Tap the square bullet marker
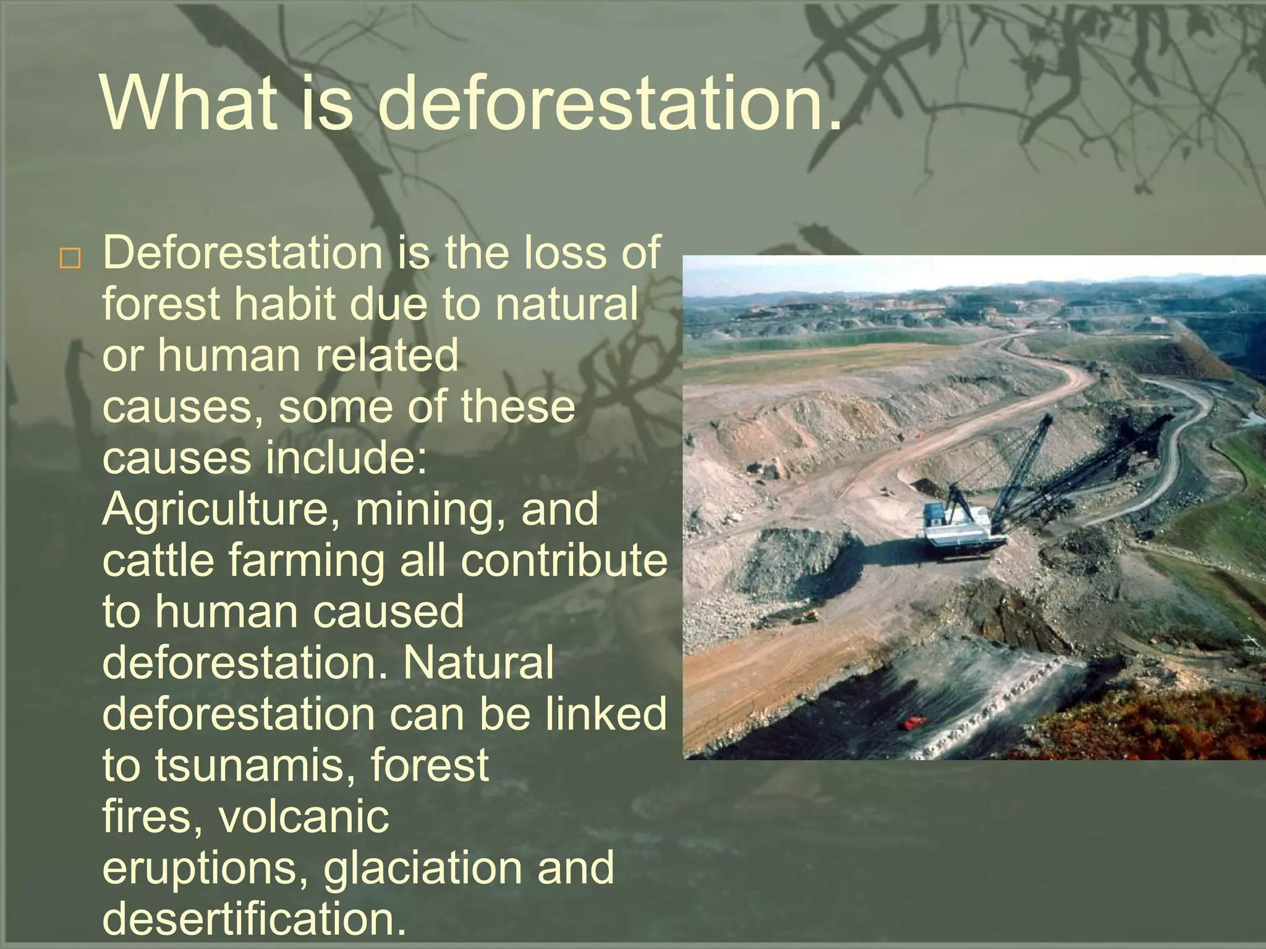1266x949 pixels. [x=70, y=259]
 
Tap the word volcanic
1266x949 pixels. [x=304, y=817]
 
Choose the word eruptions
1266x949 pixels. [x=204, y=867]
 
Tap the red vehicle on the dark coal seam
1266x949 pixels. [x=914, y=722]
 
